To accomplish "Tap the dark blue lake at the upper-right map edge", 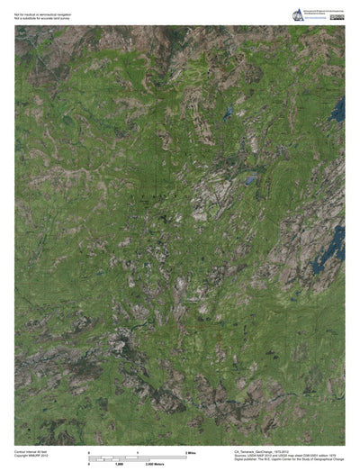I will click(x=338, y=110).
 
